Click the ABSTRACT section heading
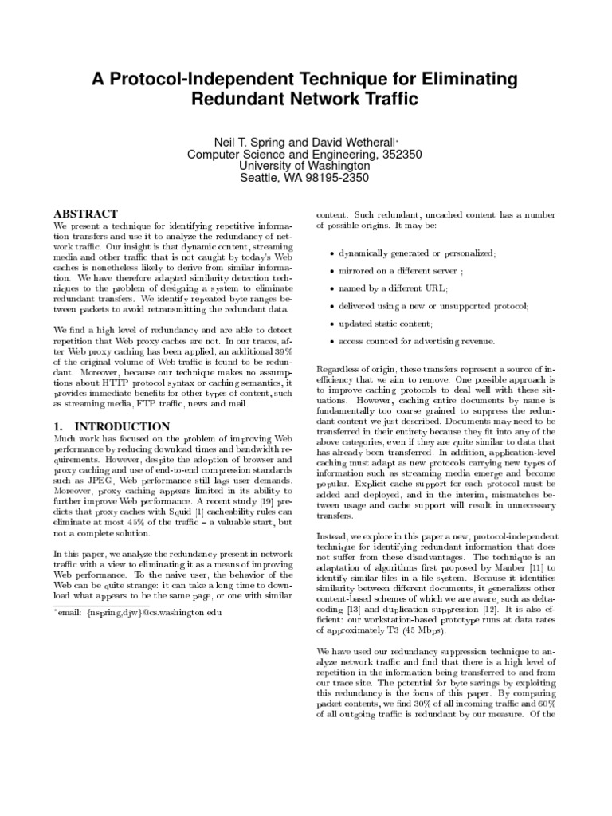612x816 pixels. [85, 214]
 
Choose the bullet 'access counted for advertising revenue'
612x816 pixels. [416, 341]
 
